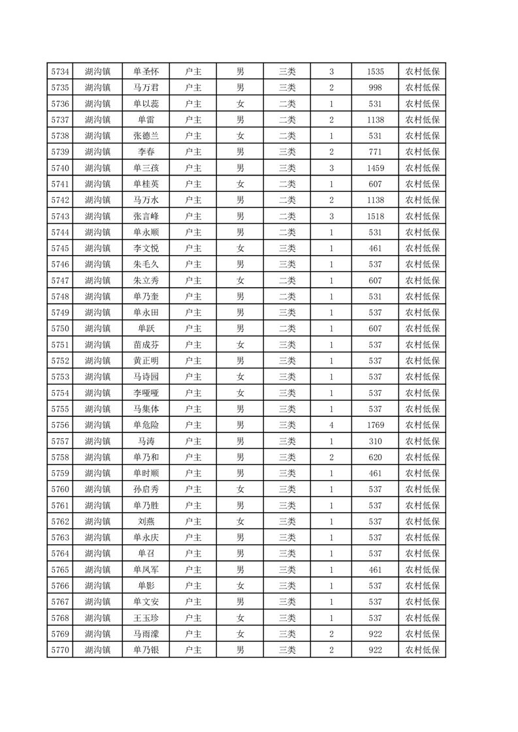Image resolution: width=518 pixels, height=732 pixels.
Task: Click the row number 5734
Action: [x=59, y=71]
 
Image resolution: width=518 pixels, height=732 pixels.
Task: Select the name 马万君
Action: [x=146, y=87]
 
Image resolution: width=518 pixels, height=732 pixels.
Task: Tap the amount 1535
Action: [x=376, y=71]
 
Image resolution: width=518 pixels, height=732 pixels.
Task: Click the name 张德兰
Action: [x=146, y=136]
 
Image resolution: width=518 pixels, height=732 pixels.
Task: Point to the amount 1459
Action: [x=376, y=168]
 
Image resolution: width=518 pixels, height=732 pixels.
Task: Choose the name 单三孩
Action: [x=146, y=168]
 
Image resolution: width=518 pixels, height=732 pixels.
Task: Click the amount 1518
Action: [x=376, y=216]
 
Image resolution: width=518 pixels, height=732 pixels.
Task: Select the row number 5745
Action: [x=59, y=248]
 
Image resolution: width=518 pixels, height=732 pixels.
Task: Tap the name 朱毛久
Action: [x=146, y=264]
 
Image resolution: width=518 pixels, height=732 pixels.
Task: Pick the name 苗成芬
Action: [x=146, y=344]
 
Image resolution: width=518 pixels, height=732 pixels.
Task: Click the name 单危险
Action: [x=146, y=425]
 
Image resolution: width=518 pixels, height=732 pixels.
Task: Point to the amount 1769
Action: [x=376, y=425]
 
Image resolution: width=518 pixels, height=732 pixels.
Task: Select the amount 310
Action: [x=376, y=441]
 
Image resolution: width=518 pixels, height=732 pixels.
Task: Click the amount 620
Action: [x=376, y=457]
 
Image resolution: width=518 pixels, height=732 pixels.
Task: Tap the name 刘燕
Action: [x=146, y=521]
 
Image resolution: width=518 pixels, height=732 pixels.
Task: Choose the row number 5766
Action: [x=59, y=585]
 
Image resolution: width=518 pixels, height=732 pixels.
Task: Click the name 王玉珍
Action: [x=146, y=618]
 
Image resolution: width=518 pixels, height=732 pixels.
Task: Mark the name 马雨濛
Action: [x=146, y=633]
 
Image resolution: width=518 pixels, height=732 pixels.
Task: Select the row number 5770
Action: [x=59, y=650]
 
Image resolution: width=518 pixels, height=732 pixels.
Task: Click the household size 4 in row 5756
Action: [x=332, y=425]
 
